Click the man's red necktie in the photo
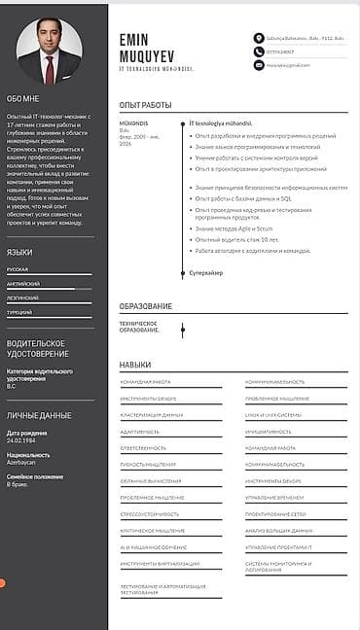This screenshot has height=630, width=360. click(49, 68)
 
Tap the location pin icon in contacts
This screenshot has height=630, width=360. click(259, 38)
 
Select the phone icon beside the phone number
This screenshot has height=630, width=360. click(259, 51)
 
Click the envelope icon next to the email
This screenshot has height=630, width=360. click(259, 64)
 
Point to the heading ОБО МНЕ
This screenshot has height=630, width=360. click(23, 98)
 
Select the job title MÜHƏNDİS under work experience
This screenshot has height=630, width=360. click(133, 123)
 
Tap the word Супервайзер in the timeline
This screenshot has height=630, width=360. click(205, 272)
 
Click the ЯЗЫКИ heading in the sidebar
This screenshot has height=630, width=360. click(19, 252)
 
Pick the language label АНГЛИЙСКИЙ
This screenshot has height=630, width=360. click(23, 283)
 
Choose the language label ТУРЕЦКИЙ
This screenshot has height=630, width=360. click(20, 313)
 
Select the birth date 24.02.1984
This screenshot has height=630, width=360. click(21, 438)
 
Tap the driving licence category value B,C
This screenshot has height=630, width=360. click(12, 386)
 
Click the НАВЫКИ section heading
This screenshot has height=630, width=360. click(135, 365)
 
